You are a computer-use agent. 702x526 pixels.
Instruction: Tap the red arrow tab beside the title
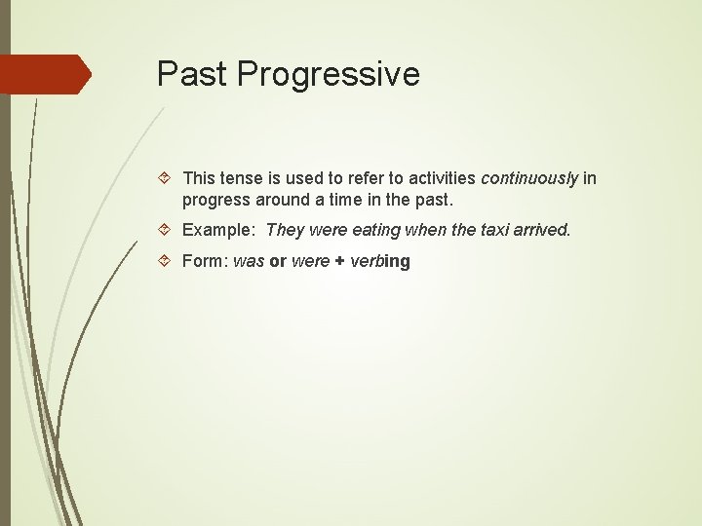click(45, 75)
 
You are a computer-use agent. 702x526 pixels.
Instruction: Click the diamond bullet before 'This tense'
click(166, 178)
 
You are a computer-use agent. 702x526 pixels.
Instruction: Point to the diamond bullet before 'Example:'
click(166, 230)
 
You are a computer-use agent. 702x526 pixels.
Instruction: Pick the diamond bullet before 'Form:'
click(166, 261)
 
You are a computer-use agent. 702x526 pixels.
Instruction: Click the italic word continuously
click(529, 178)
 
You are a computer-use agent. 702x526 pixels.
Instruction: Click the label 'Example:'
click(218, 230)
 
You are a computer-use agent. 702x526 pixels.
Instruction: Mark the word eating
click(375, 230)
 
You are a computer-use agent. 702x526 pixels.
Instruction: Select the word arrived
click(545, 230)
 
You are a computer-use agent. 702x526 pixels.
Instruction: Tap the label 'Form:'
click(205, 261)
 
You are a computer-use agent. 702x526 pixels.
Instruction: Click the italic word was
click(249, 261)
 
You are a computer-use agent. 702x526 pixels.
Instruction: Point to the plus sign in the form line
click(340, 261)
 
